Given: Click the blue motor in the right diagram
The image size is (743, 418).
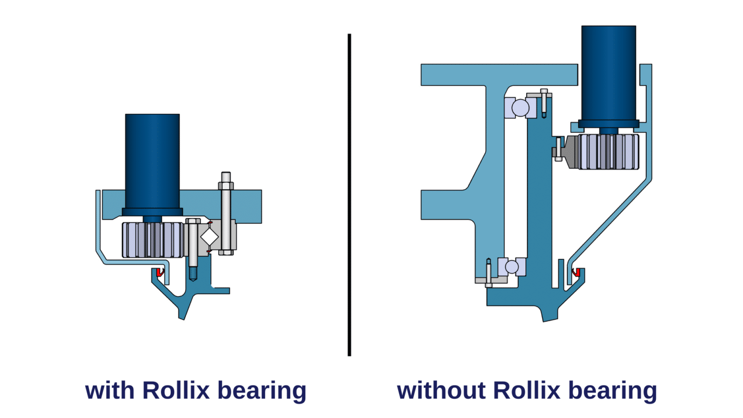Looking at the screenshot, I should (x=609, y=73).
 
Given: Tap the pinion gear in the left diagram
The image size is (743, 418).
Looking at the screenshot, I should (x=152, y=240).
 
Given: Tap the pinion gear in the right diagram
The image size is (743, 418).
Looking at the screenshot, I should (x=609, y=152).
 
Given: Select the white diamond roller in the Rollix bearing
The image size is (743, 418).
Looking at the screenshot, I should (x=209, y=237).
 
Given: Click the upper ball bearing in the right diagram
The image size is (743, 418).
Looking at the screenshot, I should (x=520, y=107).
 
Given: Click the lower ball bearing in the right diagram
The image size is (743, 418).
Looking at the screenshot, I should (x=512, y=267).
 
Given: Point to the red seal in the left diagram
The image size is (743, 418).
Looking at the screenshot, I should (x=160, y=272).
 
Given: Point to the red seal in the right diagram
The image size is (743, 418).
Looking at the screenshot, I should (x=576, y=272).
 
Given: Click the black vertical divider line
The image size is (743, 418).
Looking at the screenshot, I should (x=349, y=194).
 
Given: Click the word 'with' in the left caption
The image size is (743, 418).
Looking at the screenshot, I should (x=109, y=390).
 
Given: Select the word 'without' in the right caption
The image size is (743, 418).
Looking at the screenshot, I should (x=441, y=390).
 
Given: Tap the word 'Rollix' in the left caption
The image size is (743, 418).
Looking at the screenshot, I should (x=176, y=390).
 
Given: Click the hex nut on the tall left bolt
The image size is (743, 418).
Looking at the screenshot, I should (x=226, y=186).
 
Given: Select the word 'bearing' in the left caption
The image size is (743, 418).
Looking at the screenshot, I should (x=262, y=391).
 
